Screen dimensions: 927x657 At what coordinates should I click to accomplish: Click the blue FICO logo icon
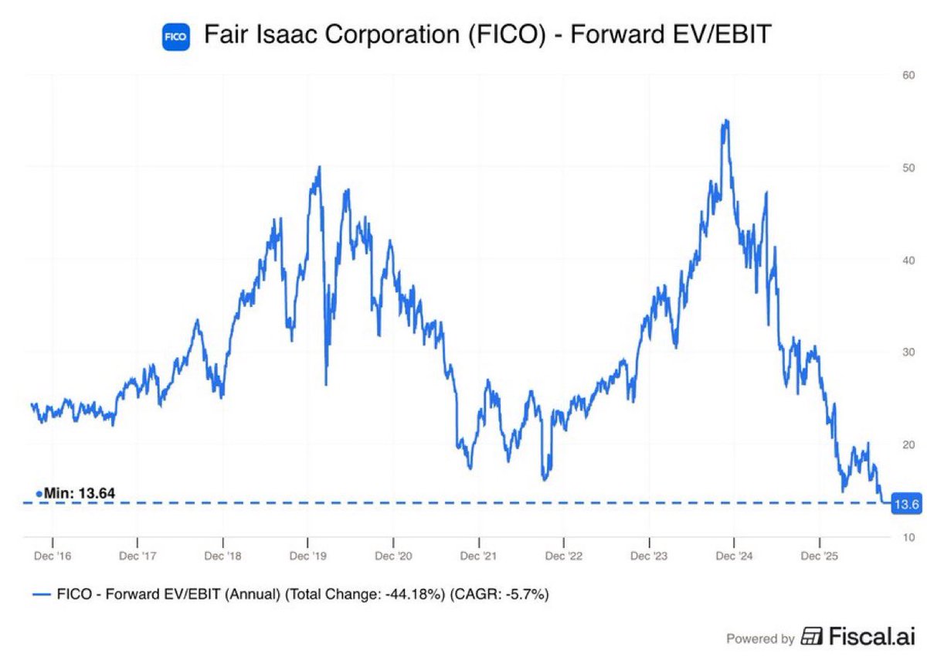point(176,37)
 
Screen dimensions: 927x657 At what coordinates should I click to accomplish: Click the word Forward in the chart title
point(618,34)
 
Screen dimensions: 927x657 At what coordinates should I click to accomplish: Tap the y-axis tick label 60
point(908,75)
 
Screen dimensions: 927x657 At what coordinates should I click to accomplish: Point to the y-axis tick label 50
point(908,168)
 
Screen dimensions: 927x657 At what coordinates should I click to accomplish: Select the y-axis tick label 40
point(908,260)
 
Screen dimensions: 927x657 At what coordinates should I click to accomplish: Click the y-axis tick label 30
point(908,352)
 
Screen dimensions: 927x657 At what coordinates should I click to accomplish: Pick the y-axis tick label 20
point(908,444)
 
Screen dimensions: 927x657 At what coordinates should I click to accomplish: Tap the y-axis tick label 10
point(908,537)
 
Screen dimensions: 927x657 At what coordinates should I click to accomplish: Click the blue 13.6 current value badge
point(906,504)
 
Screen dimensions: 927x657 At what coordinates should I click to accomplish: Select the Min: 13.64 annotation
point(76,493)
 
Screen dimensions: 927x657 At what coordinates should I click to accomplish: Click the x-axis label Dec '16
point(53,556)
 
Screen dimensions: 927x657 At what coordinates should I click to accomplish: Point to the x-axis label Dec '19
point(308,556)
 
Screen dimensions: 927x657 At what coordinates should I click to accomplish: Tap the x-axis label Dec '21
point(478,556)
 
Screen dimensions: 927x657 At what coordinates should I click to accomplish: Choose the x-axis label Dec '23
point(649,556)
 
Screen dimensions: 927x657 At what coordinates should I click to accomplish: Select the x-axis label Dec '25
point(820,556)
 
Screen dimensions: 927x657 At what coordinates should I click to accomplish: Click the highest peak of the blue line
point(727,121)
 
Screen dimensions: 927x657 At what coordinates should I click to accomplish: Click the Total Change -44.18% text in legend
point(365,594)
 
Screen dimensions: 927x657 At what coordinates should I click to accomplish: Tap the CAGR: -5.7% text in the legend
point(500,594)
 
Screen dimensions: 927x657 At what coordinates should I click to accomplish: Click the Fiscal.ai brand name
point(872,636)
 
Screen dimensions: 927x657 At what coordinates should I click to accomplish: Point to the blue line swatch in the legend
point(42,594)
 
